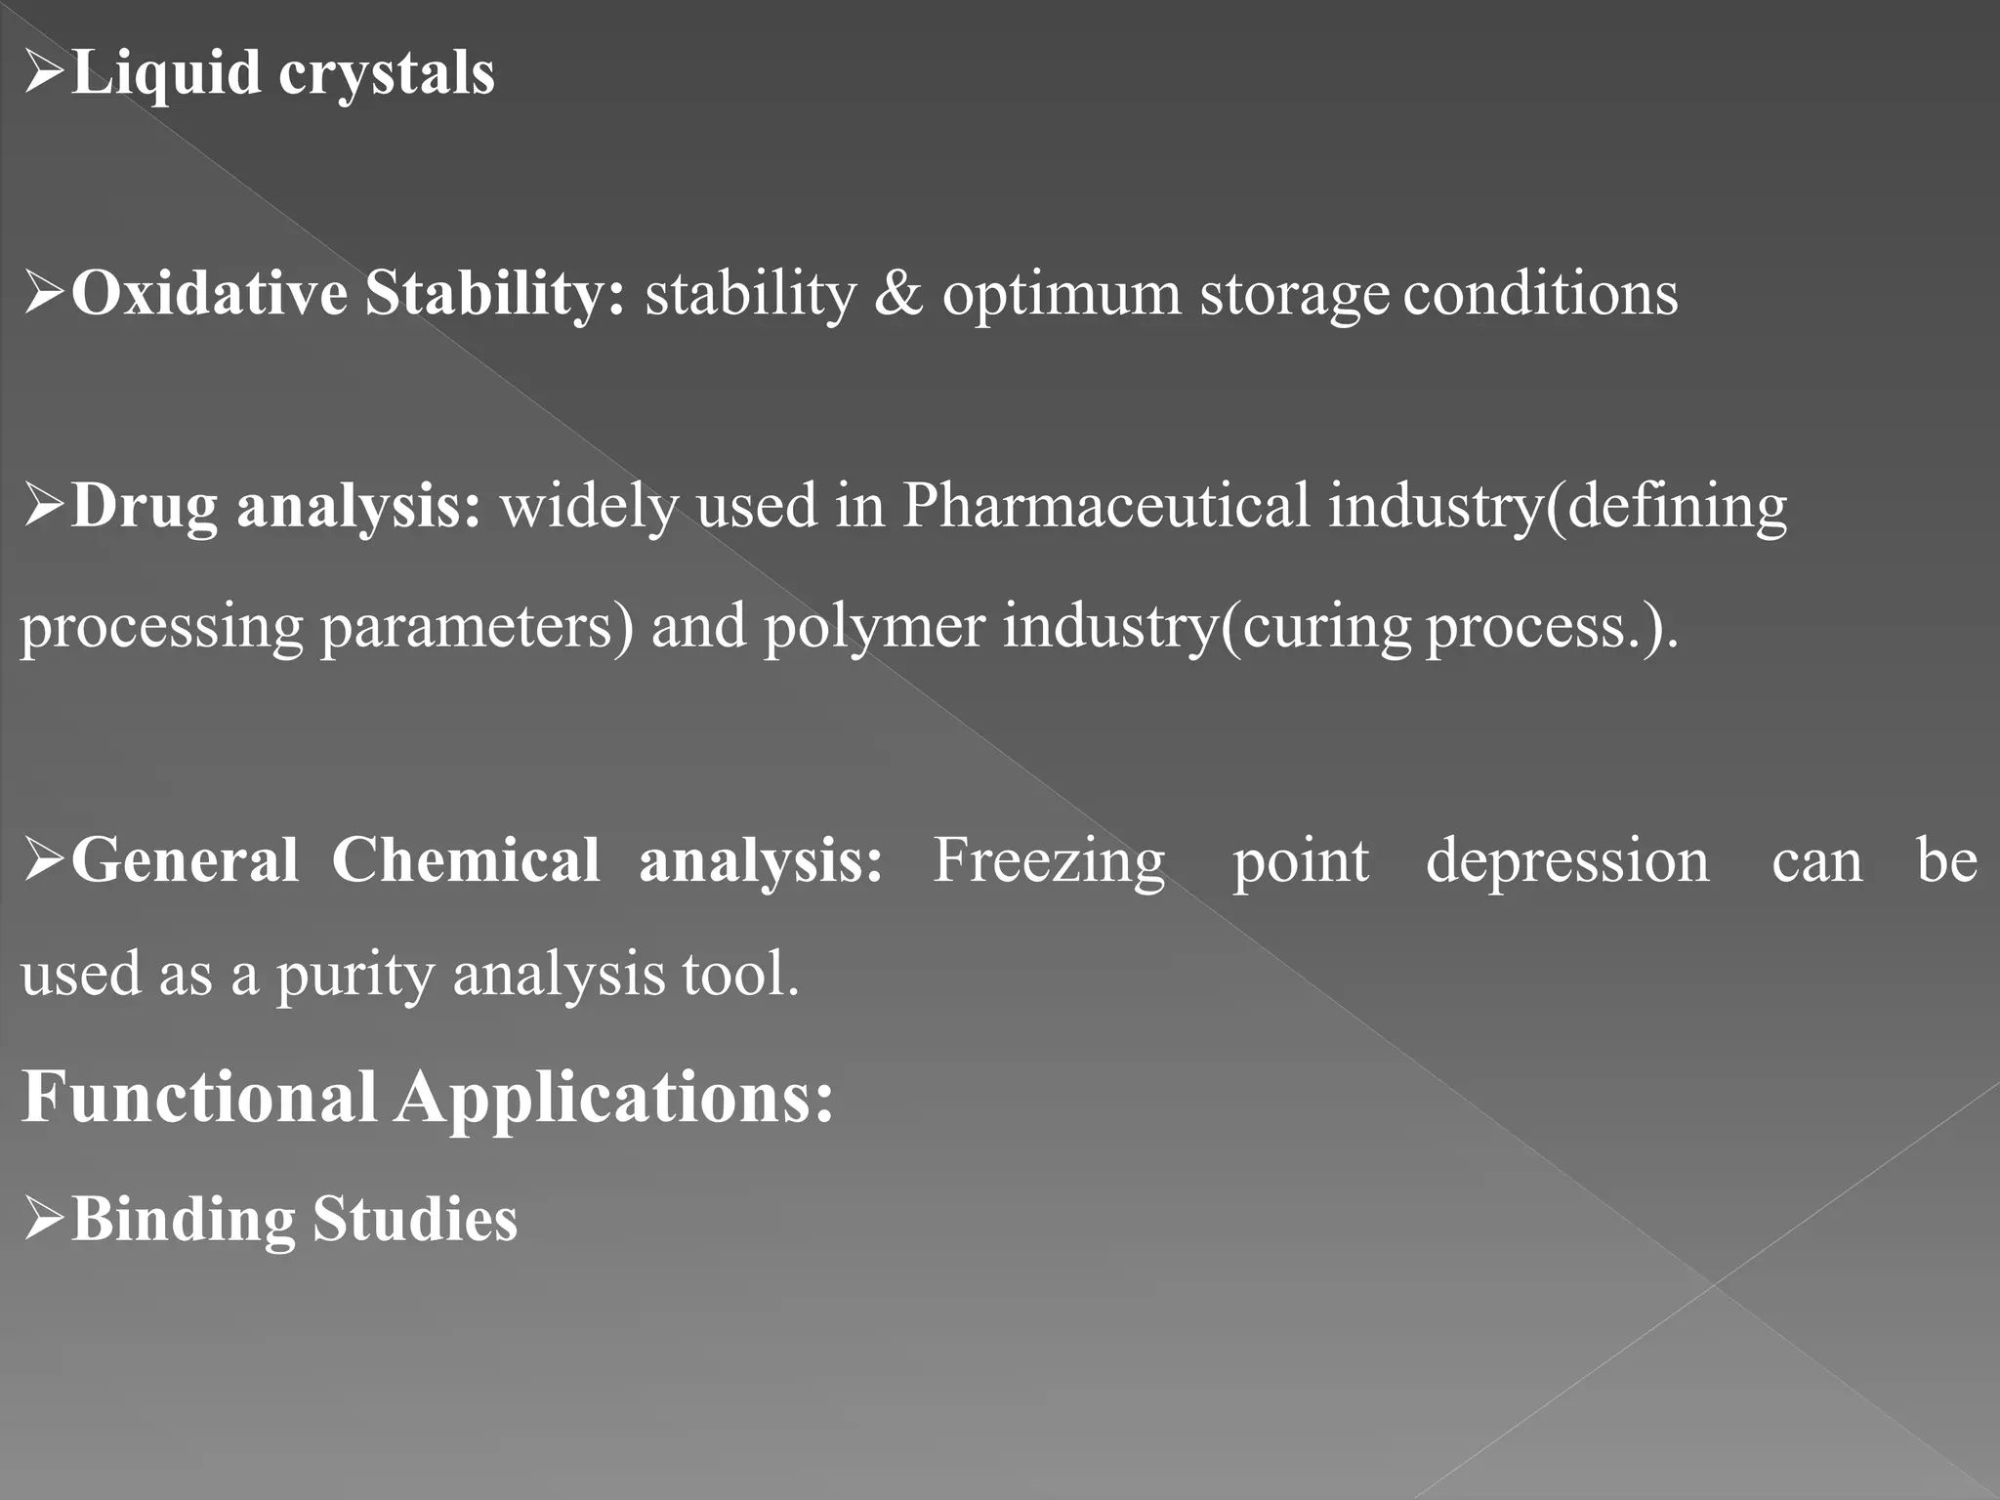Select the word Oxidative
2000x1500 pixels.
pyautogui.click(x=209, y=293)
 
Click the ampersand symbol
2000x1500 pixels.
pyautogui.click(x=898, y=293)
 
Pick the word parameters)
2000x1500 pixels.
pyautogui.click(x=478, y=627)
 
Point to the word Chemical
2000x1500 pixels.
pyautogui.click(x=466, y=860)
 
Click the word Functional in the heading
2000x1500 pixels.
pyautogui.click(x=199, y=1097)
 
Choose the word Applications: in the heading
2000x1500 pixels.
pyautogui.click(x=614, y=1099)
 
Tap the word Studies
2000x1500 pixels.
pyautogui.click(x=415, y=1219)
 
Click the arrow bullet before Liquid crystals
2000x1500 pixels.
pyautogui.click(x=44, y=74)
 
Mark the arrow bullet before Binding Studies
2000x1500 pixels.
pyautogui.click(x=44, y=1220)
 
